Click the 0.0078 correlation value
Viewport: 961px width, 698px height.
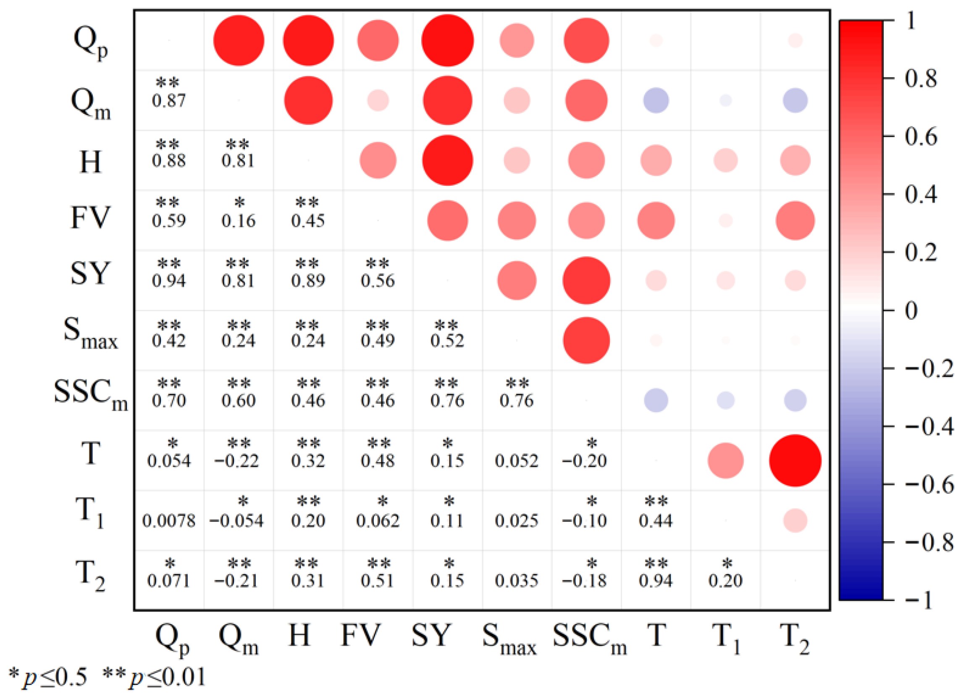[169, 521]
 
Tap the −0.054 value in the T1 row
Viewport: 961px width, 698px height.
[236, 521]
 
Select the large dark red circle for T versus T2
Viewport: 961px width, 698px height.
[795, 461]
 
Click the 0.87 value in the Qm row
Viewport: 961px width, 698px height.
[169, 101]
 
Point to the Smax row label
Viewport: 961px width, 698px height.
[90, 333]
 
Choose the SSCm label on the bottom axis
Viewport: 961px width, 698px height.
[589, 639]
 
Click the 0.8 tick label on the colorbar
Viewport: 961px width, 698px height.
[921, 79]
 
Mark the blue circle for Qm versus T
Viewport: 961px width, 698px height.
[656, 101]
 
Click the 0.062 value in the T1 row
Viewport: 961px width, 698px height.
[378, 521]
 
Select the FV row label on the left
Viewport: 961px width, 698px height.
[90, 218]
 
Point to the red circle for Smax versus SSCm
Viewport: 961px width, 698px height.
[586, 340]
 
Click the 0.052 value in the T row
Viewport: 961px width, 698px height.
[517, 461]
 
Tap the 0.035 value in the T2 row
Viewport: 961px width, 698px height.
[517, 581]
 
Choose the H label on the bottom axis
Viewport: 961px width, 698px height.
[299, 636]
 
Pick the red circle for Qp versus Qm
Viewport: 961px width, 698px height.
[239, 41]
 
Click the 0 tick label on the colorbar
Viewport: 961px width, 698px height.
[911, 311]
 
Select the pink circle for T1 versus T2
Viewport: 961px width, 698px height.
[795, 521]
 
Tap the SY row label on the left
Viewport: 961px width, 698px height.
[90, 274]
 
